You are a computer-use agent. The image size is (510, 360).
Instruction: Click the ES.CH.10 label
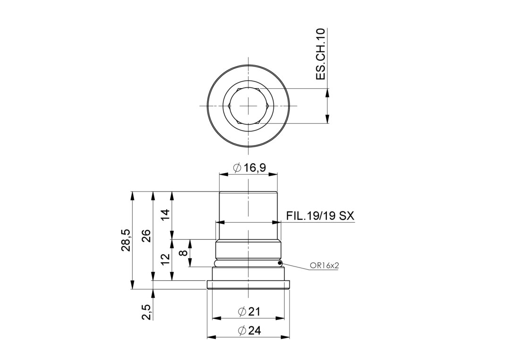point(321,54)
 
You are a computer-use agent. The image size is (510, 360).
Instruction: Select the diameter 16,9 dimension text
point(250,167)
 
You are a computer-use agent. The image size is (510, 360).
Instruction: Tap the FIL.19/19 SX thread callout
point(320,216)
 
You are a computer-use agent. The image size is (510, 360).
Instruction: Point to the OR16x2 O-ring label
point(324,266)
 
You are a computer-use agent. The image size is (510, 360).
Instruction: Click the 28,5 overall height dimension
point(126,240)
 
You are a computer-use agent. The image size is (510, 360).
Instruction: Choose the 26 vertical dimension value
point(147,236)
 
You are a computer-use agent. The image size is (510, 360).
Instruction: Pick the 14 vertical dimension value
point(166,216)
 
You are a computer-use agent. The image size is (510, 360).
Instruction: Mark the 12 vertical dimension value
point(166,259)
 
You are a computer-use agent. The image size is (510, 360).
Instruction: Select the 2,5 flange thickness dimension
point(147,312)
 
